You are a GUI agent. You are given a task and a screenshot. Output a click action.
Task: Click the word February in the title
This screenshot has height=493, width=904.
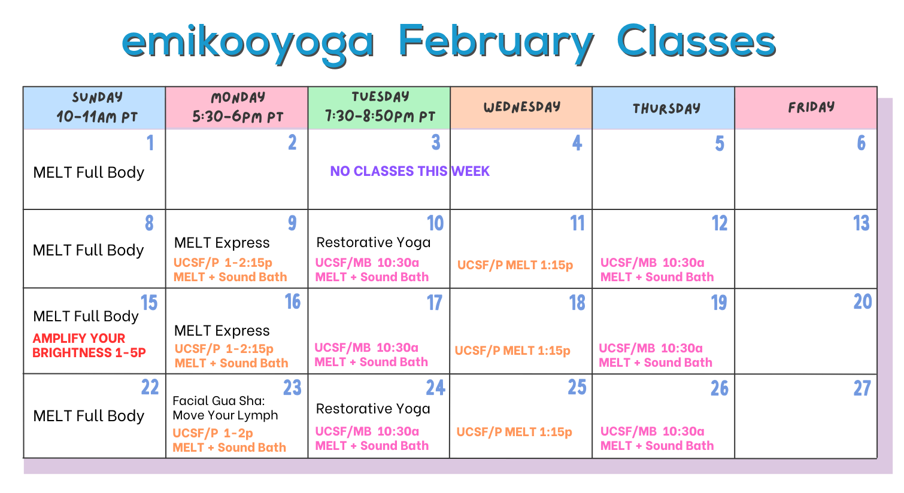click(496, 42)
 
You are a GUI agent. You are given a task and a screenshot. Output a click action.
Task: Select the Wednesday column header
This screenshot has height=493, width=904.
click(521, 108)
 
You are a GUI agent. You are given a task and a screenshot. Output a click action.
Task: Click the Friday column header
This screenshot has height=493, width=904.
click(811, 108)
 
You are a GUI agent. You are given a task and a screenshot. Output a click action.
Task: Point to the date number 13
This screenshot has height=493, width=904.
click(861, 224)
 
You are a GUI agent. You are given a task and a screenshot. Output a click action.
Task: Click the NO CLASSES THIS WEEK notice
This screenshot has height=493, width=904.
click(409, 172)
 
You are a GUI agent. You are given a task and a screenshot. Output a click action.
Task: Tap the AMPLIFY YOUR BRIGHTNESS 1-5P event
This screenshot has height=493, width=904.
click(89, 346)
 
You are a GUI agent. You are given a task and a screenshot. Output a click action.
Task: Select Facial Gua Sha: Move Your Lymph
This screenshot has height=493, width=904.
click(225, 408)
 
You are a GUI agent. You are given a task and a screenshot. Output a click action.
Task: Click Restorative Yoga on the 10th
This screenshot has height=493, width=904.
click(373, 242)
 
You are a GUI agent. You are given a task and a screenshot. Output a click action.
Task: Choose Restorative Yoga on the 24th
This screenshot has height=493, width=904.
click(373, 409)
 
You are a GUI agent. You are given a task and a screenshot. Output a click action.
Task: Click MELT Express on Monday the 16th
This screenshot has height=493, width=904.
click(222, 331)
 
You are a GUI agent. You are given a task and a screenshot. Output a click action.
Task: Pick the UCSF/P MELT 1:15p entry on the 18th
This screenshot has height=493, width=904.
click(512, 351)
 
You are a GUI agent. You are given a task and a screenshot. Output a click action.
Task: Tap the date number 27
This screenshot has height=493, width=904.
click(862, 389)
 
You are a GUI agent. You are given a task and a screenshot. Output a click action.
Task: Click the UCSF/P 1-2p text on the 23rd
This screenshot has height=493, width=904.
click(213, 433)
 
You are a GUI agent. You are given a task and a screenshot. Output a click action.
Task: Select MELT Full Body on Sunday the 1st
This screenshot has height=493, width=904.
click(89, 172)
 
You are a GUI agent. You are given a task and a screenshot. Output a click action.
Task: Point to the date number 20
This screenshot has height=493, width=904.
click(862, 302)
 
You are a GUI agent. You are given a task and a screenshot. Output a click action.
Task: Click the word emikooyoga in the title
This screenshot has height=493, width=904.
click(248, 42)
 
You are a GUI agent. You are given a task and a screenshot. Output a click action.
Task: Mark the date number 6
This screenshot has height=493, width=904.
click(861, 144)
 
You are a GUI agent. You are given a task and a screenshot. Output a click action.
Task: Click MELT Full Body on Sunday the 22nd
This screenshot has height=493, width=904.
click(89, 416)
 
